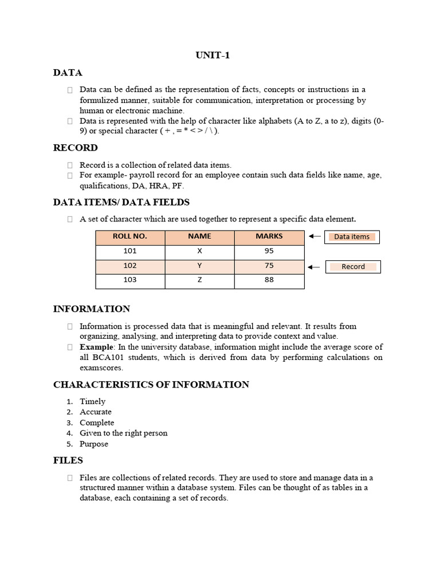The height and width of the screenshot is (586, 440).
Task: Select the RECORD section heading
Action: point(76,148)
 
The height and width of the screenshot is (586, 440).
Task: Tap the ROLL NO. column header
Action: point(130,236)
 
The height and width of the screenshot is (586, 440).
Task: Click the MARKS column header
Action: point(269,236)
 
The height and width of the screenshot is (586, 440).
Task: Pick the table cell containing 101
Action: point(130,251)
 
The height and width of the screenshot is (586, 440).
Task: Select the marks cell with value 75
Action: point(269,266)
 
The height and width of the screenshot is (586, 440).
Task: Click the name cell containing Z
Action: point(199,280)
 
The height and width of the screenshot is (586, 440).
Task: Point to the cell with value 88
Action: point(269,280)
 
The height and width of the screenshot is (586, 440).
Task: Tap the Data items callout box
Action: point(352,237)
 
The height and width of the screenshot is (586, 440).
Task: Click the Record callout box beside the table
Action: point(353,267)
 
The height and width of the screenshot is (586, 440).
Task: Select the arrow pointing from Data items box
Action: point(314,236)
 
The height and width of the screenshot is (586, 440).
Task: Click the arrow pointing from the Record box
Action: point(314,266)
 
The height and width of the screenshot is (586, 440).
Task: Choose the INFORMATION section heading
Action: point(92,309)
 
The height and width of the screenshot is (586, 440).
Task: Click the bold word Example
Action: point(97,347)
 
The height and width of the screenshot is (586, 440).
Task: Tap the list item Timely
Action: point(92,402)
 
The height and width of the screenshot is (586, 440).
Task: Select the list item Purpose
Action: point(94,444)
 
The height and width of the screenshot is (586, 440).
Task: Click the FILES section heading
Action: point(68,460)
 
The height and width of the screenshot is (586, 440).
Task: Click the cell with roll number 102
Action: point(130,266)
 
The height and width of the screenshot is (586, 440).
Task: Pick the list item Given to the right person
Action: point(124,433)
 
